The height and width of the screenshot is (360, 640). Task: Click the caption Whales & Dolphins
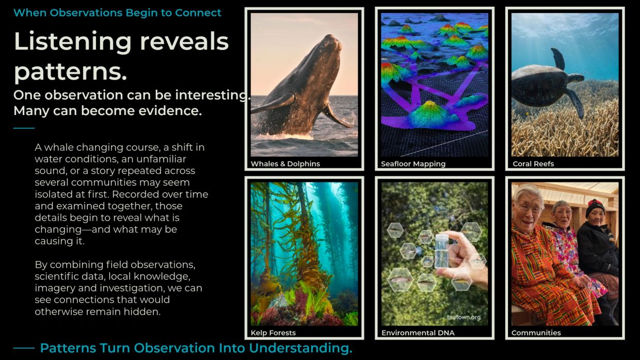285,164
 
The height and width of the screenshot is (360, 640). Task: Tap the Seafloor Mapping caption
413,164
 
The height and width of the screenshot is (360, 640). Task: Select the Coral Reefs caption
533,164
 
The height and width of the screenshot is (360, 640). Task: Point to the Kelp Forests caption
273,333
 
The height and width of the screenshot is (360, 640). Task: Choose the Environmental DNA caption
418,333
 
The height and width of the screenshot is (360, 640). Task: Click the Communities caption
536,333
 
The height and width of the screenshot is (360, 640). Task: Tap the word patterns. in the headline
70,72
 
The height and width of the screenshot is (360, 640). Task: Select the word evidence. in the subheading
170,111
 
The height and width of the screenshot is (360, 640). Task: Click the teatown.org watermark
463,317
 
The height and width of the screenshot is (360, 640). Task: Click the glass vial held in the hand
441,251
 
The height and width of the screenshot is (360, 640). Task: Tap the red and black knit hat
595,207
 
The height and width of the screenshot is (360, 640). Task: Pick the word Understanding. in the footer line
300,348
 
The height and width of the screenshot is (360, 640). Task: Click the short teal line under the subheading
24,128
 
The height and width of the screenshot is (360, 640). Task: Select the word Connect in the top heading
198,13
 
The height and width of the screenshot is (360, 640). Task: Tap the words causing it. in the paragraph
60,241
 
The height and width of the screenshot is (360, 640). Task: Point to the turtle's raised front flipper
558,58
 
